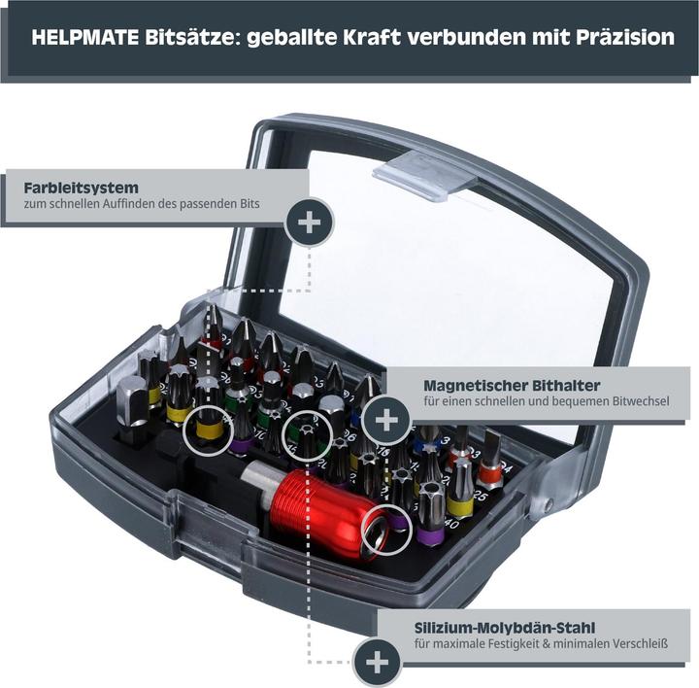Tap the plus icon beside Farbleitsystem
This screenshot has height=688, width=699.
pos(309,222)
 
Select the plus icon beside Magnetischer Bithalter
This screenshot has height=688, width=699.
pos(386,420)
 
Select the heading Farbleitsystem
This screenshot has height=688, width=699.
pos(81,187)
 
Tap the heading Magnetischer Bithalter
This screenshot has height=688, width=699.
pos(511,385)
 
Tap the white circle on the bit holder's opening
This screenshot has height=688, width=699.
pos(384,530)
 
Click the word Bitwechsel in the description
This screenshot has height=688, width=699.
pos(638,401)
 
